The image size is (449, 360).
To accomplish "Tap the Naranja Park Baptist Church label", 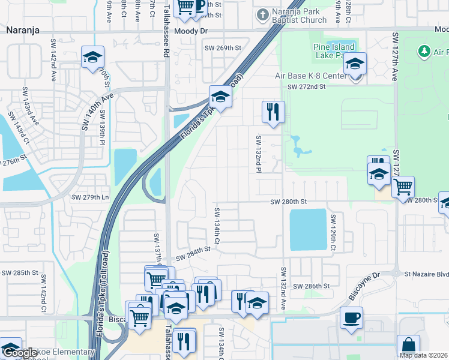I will tap(298, 15).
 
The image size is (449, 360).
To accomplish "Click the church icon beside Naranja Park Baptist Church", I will tap(262, 13).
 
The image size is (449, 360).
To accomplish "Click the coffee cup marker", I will tap(351, 317).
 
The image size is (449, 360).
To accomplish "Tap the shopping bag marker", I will tap(408, 346).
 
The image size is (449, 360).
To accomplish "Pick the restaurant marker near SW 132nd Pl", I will tap(273, 111).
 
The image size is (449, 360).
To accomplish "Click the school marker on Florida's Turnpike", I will tap(220, 97).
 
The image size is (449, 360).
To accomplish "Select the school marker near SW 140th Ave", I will tap(92, 57).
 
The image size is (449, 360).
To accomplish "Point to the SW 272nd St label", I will tap(306, 86).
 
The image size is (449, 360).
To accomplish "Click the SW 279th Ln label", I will tap(91, 197).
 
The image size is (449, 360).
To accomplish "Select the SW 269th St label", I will tap(223, 48).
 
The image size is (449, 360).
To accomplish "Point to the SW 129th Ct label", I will tap(331, 232).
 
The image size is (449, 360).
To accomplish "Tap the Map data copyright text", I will tap(423, 355).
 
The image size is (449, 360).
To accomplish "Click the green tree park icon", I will tap(424, 52).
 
